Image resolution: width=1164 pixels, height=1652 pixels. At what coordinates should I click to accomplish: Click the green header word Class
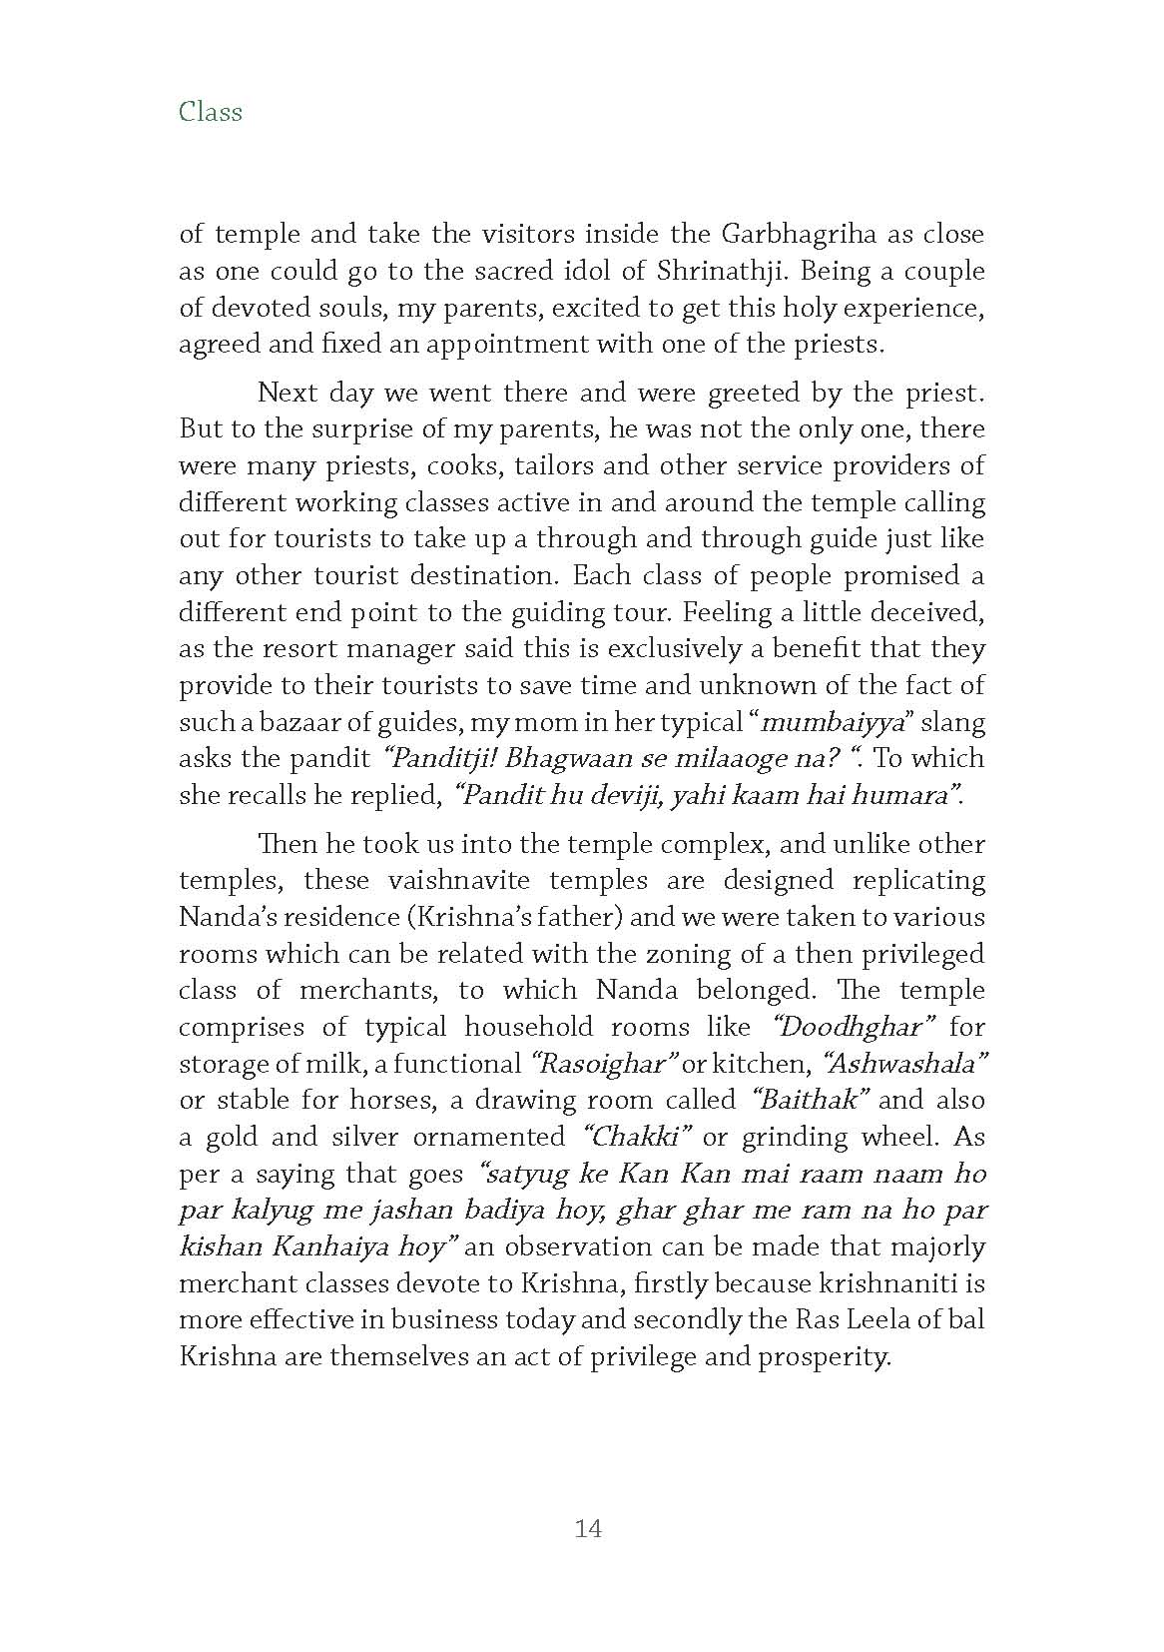211,111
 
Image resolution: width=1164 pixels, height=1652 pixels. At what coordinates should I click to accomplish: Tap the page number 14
588,1528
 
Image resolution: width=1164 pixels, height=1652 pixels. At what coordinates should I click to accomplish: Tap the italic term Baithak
812,1101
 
